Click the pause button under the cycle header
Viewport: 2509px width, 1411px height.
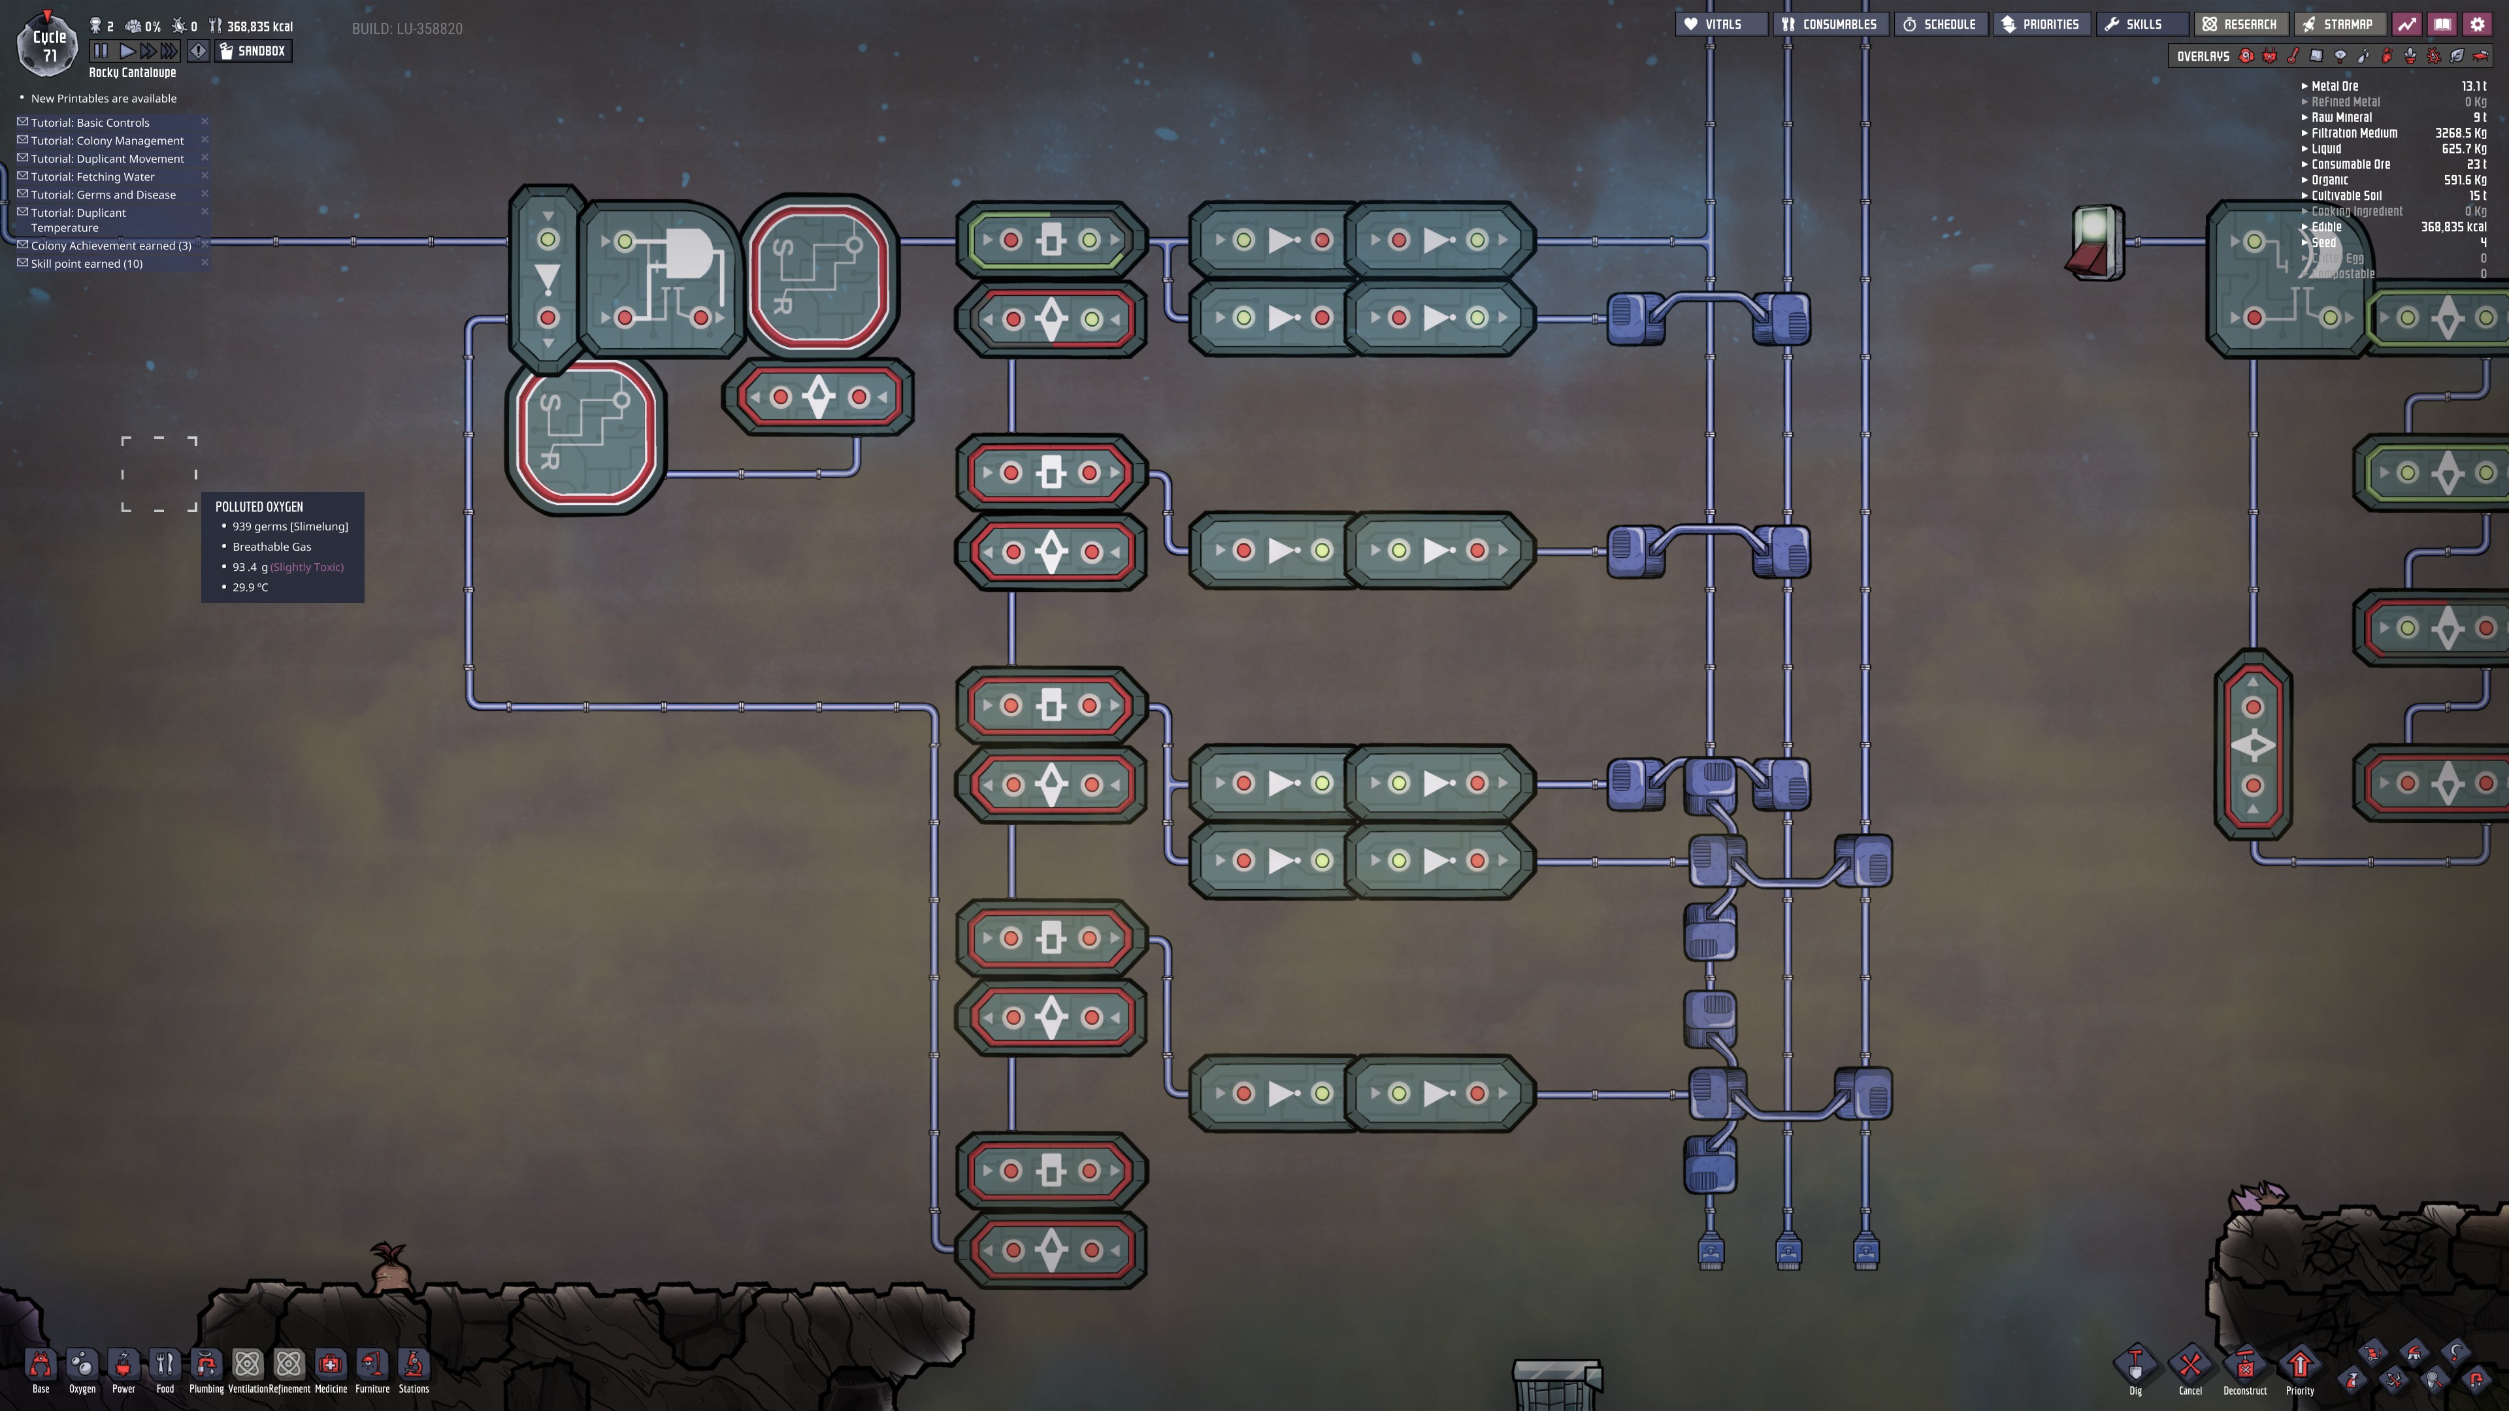(101, 51)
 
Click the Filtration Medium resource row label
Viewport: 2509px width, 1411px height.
(2354, 133)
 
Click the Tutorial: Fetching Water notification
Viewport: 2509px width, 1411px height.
(93, 177)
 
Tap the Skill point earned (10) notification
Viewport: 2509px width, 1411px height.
(87, 264)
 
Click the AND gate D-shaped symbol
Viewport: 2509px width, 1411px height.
(687, 255)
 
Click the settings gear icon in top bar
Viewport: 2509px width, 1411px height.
(2478, 24)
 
